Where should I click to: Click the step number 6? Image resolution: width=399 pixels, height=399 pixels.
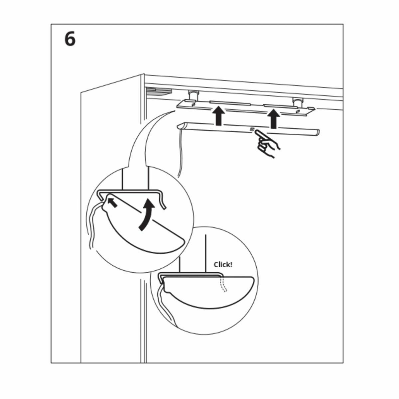(70, 40)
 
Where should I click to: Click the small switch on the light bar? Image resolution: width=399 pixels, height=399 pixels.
(252, 129)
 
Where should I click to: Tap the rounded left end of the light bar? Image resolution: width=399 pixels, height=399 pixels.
(181, 126)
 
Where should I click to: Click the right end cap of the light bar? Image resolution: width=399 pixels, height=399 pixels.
(316, 133)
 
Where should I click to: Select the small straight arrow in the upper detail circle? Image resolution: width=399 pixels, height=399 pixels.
(113, 202)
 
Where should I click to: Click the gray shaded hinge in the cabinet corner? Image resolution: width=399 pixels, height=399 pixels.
(158, 91)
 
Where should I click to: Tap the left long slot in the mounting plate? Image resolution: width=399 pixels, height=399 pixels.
(229, 102)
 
